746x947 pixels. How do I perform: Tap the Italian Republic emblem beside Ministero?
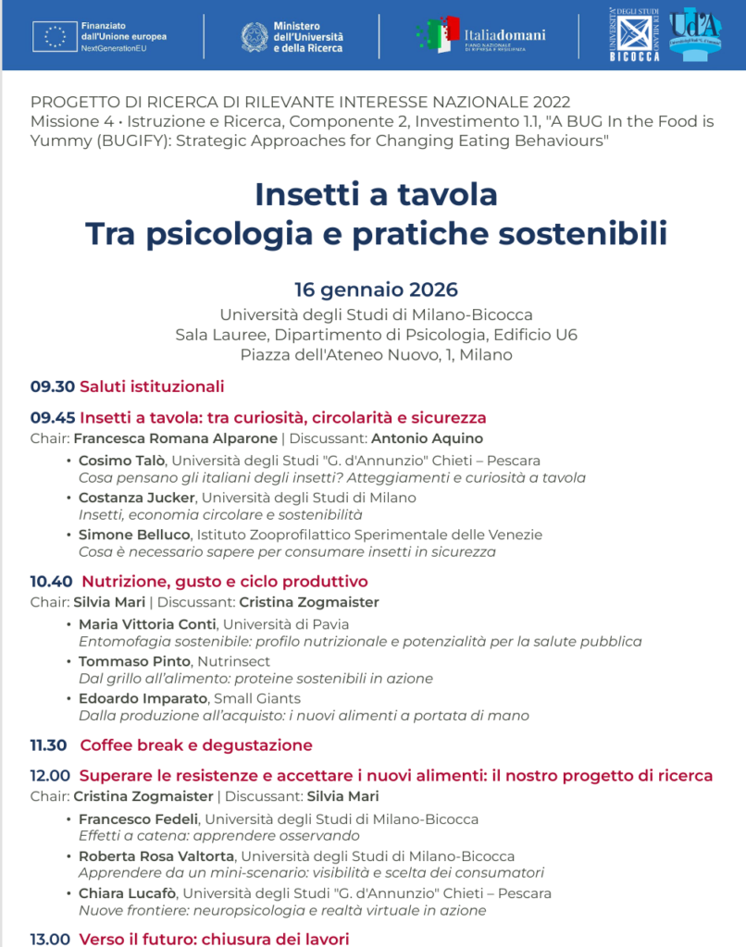point(254,36)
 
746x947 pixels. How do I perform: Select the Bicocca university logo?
point(635,34)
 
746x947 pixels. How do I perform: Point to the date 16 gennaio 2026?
point(376,289)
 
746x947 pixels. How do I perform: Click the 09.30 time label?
point(52,387)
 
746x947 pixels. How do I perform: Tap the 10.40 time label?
point(52,582)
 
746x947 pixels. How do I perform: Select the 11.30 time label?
point(49,745)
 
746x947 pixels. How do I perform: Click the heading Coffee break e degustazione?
point(196,745)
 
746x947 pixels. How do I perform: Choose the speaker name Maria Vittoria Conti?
point(147,624)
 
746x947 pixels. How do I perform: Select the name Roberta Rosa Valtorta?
point(155,856)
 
